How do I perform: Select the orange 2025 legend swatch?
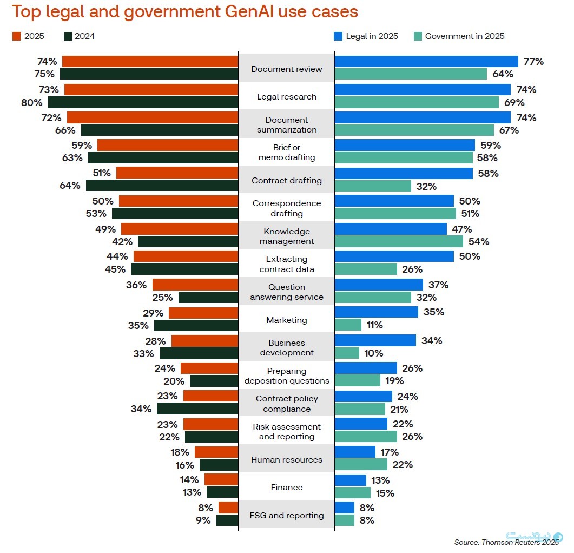pos(16,36)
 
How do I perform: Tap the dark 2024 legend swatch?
pos(68,36)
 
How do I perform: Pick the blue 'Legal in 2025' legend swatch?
pos(338,36)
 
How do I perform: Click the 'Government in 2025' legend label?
pos(465,36)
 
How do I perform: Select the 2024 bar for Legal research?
pos(143,102)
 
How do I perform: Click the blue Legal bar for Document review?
pos(426,61)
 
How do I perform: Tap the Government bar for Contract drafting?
pos(373,186)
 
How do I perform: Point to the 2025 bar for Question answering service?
pos(195,285)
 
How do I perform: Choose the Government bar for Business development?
pos(347,353)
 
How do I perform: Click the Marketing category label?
pos(287,320)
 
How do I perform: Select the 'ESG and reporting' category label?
pos(287,515)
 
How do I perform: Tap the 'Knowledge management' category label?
pos(287,236)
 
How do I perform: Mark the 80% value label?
pos(31,102)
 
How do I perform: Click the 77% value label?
pos(533,61)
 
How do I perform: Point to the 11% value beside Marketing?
pos(374,325)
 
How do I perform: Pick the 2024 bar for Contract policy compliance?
pos(197,409)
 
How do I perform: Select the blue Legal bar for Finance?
pos(351,480)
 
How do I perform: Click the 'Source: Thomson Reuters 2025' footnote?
pos(506,542)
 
